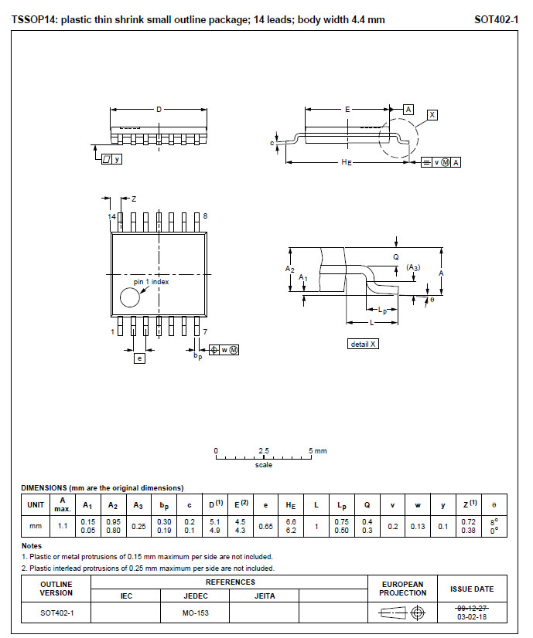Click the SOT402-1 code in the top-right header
coord(496,19)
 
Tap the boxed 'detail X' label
coord(364,344)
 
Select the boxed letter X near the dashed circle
coord(432,115)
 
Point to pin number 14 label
coord(111,217)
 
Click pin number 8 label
coord(205,216)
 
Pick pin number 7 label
coord(205,331)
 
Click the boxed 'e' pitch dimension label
coord(139,358)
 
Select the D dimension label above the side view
coord(159,110)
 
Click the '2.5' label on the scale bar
coord(263,450)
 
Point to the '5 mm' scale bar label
coord(318,450)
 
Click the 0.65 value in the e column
coord(265,526)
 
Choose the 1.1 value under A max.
coord(63,526)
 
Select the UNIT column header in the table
coord(36,504)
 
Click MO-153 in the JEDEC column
coord(195,614)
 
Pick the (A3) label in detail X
coord(412,268)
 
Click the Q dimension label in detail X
coord(395,256)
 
